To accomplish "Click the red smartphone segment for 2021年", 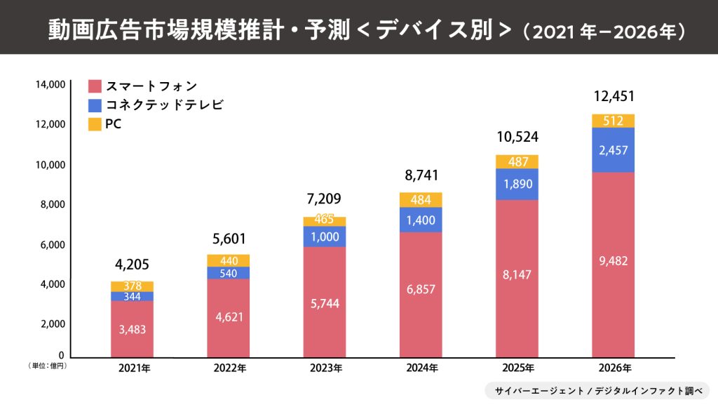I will pos(132,328).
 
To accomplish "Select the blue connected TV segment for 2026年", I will pos(614,150).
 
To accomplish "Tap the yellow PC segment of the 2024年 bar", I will pos(421,200).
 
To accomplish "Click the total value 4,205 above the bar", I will pos(132,265).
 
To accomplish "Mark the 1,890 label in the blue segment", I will pos(517,184).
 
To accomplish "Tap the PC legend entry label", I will pos(113,125).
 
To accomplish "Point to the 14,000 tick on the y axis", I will pos(50,85).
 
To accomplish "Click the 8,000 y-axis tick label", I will pos(53,205).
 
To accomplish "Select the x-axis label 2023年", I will pos(325,368).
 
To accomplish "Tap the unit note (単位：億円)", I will pos(47,366).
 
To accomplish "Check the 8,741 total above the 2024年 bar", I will pos(421,175).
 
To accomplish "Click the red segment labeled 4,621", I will pos(228,317).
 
